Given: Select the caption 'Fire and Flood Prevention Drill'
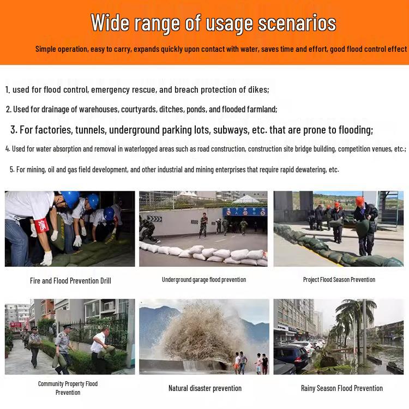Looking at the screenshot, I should point(70,281).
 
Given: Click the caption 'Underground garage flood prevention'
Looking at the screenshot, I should point(204,280).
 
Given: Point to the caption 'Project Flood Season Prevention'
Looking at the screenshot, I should point(339,280).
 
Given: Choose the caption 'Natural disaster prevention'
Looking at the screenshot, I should point(204,388).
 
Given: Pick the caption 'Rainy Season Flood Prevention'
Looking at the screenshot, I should point(342,388).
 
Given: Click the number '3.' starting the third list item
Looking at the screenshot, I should point(14,130).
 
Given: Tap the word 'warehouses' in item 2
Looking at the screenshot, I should point(99,109).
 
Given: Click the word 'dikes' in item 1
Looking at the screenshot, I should point(258,89).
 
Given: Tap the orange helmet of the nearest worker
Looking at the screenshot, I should point(360,200).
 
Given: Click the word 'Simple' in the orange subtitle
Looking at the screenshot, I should point(46,49).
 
